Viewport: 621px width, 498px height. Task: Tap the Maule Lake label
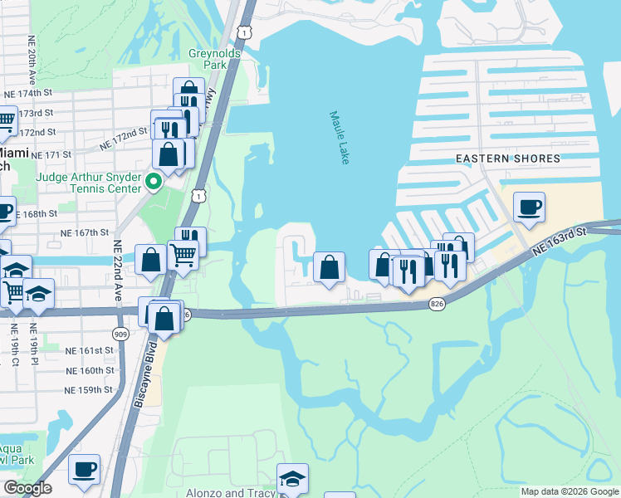(x=339, y=138)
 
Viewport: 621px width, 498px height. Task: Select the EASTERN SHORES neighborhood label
(x=507, y=159)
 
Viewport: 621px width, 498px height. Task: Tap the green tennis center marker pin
(x=153, y=181)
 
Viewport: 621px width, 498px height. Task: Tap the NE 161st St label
(x=89, y=352)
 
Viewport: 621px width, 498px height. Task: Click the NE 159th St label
(x=89, y=389)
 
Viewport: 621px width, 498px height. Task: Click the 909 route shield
(x=121, y=333)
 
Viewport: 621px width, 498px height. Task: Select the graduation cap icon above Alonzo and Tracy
(x=292, y=478)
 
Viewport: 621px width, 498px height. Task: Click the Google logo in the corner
(x=27, y=489)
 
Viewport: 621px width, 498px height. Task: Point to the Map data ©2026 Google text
(x=569, y=491)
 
